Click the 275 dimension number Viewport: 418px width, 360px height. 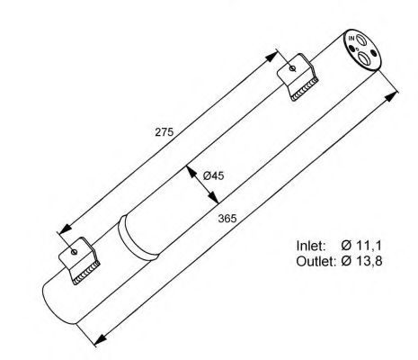(x=163, y=132)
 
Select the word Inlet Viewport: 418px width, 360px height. (x=311, y=245)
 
